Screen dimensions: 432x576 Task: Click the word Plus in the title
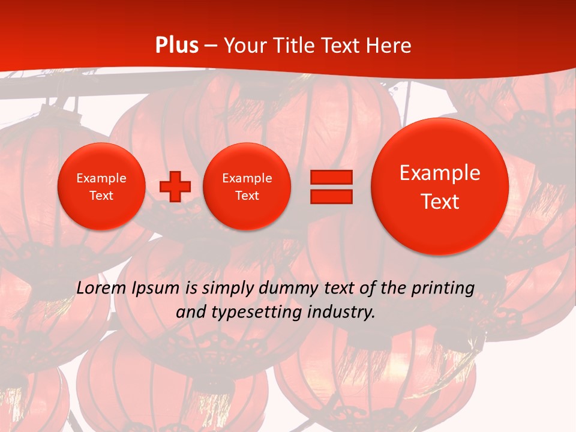(x=176, y=46)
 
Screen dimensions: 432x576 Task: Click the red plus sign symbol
(x=175, y=187)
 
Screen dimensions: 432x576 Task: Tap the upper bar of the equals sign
(x=331, y=177)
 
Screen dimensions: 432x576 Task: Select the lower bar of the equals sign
(x=331, y=196)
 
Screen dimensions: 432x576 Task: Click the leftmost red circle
(x=101, y=187)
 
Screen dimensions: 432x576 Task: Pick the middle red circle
(x=247, y=187)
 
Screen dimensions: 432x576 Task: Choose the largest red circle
(x=440, y=187)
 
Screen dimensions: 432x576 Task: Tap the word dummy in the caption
(x=283, y=289)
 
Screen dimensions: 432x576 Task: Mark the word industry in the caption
(x=344, y=312)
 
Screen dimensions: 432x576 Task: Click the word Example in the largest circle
(x=440, y=173)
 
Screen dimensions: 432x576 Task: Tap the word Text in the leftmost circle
(x=101, y=196)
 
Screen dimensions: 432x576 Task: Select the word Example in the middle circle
(x=247, y=178)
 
